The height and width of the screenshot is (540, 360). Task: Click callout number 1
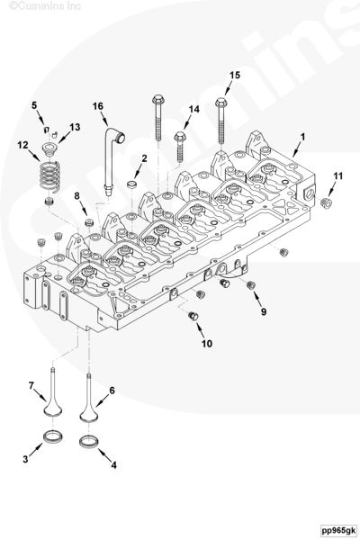[302, 137]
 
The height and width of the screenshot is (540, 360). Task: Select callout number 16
[98, 106]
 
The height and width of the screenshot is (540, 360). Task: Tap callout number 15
[235, 75]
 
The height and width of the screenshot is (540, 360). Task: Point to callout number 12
[23, 145]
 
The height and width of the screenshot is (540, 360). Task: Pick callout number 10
[207, 344]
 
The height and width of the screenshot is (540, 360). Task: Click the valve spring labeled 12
[50, 175]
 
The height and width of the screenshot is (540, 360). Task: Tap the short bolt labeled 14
[180, 147]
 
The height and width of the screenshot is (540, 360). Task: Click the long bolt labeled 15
[221, 121]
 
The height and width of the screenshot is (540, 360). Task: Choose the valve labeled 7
[53, 392]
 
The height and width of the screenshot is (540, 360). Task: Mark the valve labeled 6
[88, 398]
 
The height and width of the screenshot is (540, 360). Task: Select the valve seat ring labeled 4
[89, 441]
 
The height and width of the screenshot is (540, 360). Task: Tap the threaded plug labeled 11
[326, 203]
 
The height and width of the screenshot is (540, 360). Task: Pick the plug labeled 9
[251, 285]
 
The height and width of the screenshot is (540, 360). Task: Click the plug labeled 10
[193, 316]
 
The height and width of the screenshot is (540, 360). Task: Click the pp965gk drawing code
[338, 530]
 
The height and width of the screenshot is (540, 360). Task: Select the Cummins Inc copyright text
[45, 5]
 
